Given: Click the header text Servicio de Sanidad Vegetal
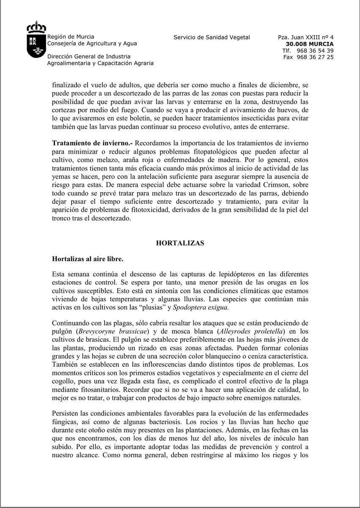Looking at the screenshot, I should click(212, 37).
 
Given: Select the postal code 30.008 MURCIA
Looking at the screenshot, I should click(310, 44).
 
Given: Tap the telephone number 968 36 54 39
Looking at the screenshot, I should click(315, 50).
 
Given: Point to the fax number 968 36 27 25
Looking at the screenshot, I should click(315, 57).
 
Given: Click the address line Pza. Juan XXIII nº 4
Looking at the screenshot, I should click(305, 37).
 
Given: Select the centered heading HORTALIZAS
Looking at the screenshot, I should click(180, 243).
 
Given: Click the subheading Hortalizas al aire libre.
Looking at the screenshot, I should click(88, 258).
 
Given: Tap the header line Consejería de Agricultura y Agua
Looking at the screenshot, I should click(92, 44).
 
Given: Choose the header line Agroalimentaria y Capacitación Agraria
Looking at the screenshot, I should click(100, 63).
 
